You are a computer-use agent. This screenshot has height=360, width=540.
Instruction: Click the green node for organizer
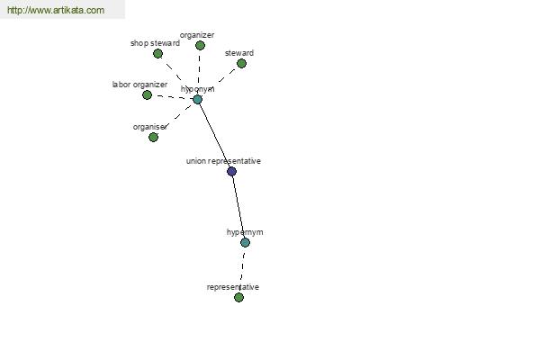point(200,46)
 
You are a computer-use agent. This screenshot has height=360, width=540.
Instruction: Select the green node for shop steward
point(157,54)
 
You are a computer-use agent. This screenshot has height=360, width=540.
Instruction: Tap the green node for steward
point(241,63)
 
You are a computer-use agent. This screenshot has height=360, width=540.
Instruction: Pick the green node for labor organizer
point(147,95)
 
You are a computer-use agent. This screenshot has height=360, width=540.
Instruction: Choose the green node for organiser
point(153,138)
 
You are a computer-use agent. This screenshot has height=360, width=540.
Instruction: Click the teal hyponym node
point(197,100)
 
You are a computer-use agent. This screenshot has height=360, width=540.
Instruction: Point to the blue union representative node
point(232,172)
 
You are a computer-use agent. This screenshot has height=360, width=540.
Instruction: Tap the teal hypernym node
point(245,242)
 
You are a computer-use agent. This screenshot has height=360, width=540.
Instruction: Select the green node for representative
point(238,297)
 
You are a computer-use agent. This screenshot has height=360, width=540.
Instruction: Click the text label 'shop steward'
point(155,43)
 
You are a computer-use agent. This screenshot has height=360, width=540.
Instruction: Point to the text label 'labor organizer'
point(139,85)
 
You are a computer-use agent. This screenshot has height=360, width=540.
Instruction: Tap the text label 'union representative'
point(223,161)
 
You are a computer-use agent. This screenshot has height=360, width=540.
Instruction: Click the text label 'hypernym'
point(245,232)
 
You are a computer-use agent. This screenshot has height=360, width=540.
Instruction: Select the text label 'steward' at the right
point(239,53)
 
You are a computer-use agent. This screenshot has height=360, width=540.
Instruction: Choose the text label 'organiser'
point(150,127)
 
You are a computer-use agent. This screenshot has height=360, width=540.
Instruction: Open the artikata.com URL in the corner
point(56,10)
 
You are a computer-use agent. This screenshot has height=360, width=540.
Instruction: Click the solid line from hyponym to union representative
point(214,135)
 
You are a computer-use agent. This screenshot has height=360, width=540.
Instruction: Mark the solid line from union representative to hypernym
point(238,207)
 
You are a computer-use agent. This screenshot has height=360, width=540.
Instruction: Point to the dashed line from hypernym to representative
point(242,270)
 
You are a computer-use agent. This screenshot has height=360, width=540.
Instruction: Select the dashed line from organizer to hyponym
point(199,72)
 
